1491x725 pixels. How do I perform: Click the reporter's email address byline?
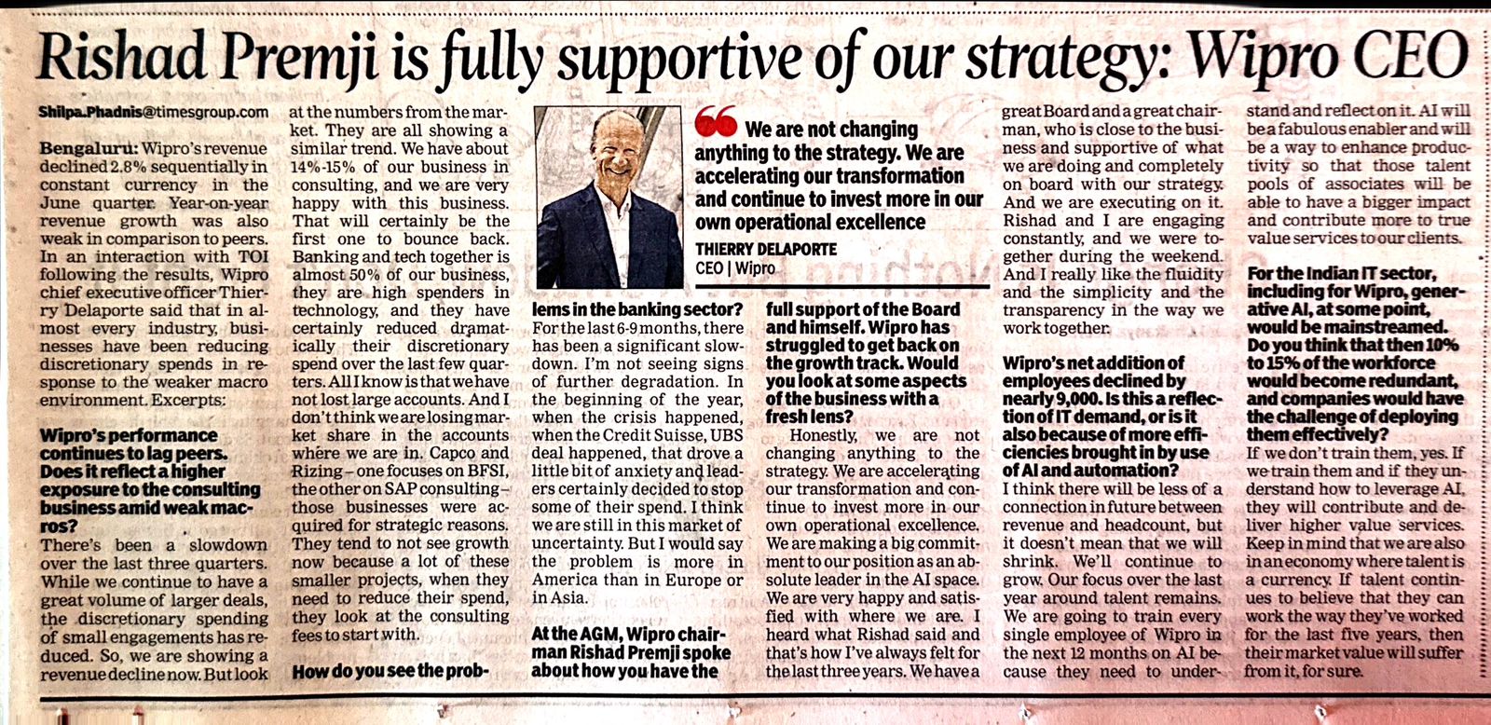click(x=154, y=112)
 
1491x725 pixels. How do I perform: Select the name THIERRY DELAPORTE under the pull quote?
click(x=766, y=249)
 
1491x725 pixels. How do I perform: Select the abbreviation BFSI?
click(x=486, y=472)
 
